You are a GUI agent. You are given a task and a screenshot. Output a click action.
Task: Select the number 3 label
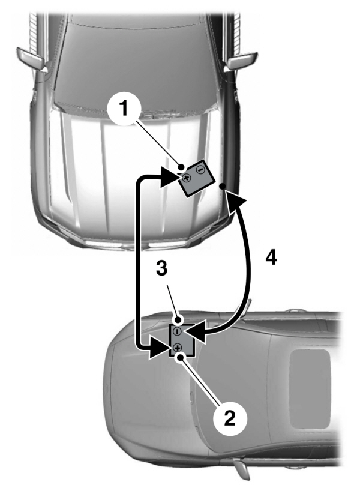(160, 267)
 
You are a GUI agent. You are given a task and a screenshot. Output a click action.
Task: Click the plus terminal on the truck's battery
(186, 178)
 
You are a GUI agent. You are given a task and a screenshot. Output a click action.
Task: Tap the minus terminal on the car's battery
(178, 331)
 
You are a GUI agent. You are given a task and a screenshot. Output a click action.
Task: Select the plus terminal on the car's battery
(178, 348)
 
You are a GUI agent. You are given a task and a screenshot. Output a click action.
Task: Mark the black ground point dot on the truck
(222, 187)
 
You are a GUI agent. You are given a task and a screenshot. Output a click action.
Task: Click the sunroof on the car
(310, 385)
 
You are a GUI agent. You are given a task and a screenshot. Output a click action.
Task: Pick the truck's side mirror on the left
(28, 58)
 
